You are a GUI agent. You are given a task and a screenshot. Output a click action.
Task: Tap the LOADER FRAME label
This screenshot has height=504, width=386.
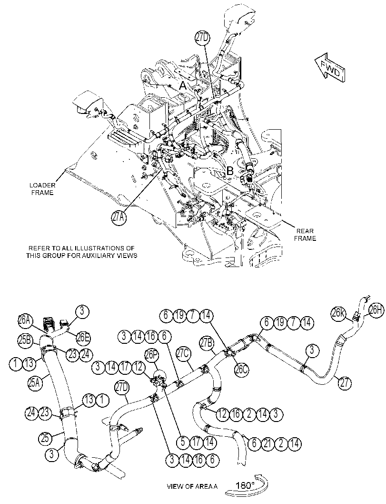[x=42, y=189]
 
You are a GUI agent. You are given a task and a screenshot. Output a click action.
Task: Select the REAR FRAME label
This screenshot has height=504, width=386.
[x=305, y=235]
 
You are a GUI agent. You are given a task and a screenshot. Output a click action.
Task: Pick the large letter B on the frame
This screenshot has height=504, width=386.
[x=230, y=171]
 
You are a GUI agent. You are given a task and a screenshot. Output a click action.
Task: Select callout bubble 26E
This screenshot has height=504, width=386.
[x=83, y=337]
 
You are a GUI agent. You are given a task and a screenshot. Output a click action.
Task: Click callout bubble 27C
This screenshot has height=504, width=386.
[x=184, y=354]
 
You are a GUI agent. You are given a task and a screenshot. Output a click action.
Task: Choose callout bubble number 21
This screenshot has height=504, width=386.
[x=267, y=443]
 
